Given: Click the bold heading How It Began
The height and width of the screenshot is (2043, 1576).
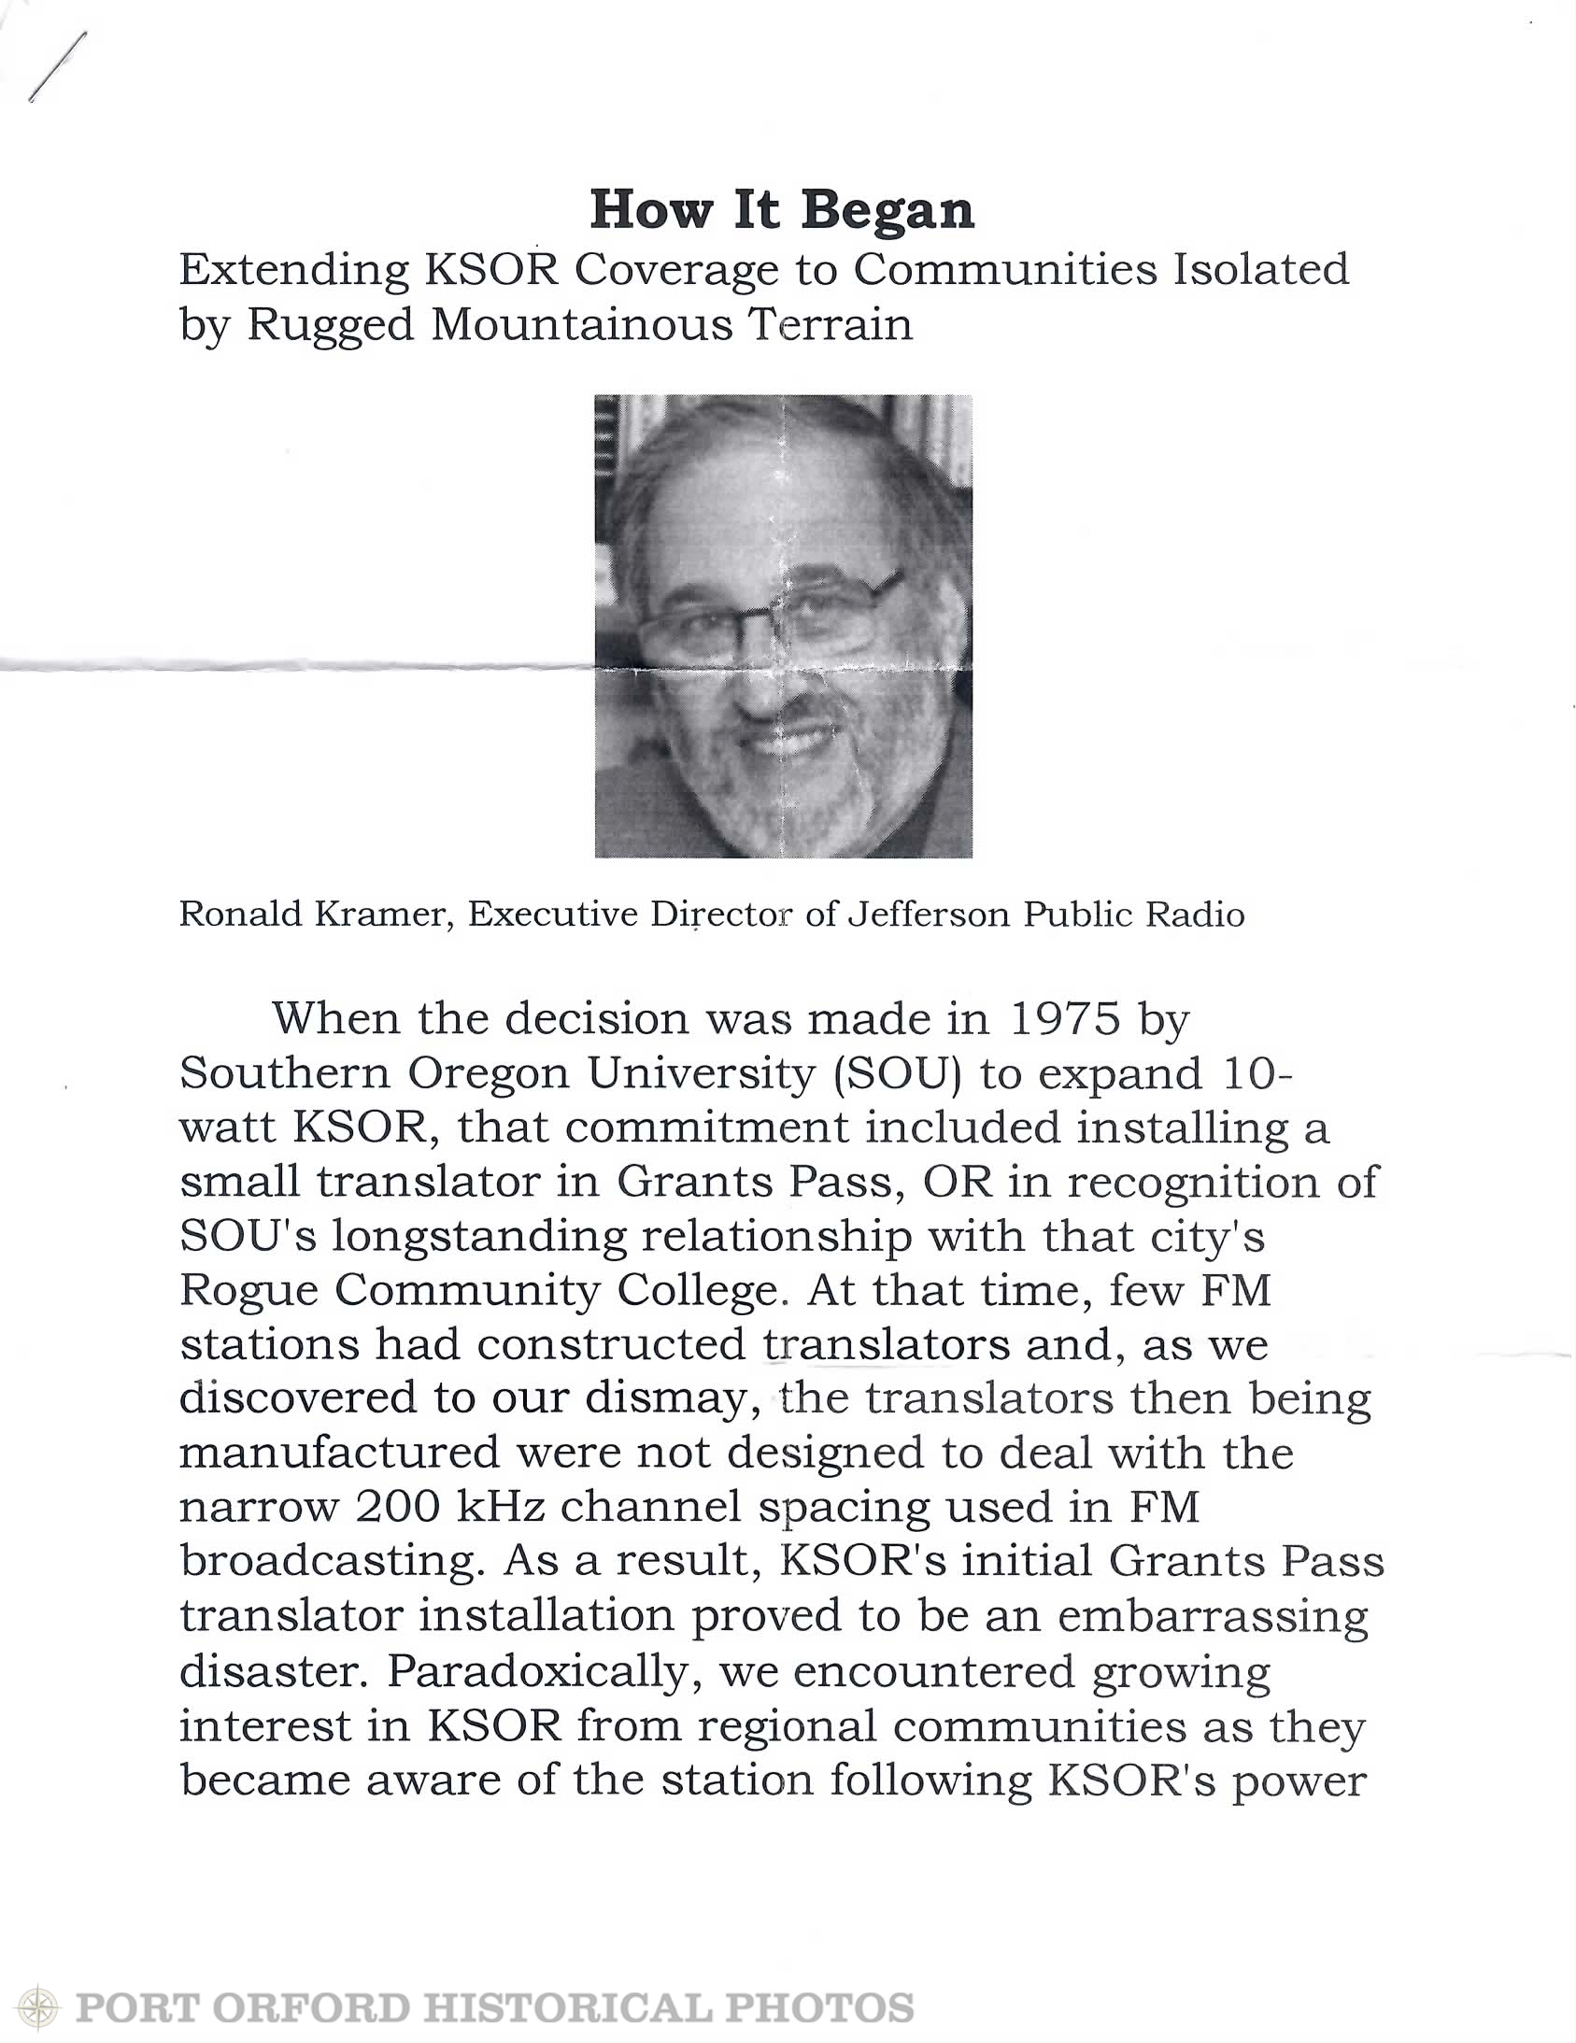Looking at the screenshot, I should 782,209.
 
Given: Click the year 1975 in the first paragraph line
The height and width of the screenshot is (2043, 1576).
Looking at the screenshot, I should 1063,1018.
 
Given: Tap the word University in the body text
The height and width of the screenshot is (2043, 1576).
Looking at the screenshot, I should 700,1074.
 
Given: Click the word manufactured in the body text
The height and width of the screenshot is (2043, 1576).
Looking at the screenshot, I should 339,1454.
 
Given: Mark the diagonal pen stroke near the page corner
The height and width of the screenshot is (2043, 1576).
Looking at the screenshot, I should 58,66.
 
